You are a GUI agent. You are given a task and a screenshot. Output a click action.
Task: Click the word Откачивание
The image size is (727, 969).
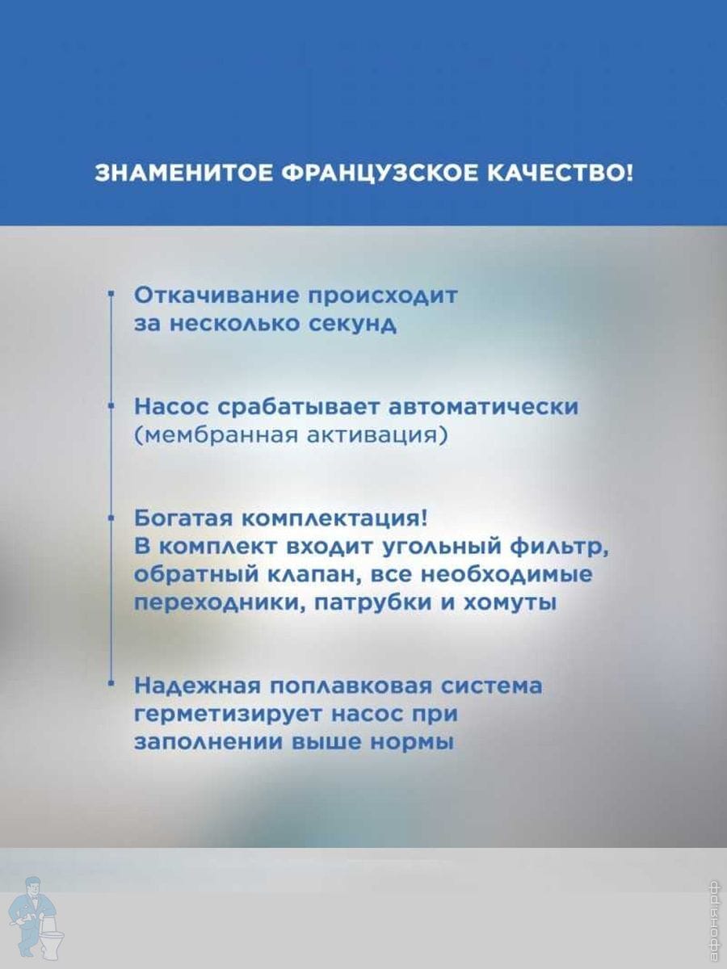216,296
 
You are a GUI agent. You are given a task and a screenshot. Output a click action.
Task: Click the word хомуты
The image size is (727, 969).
511,603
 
